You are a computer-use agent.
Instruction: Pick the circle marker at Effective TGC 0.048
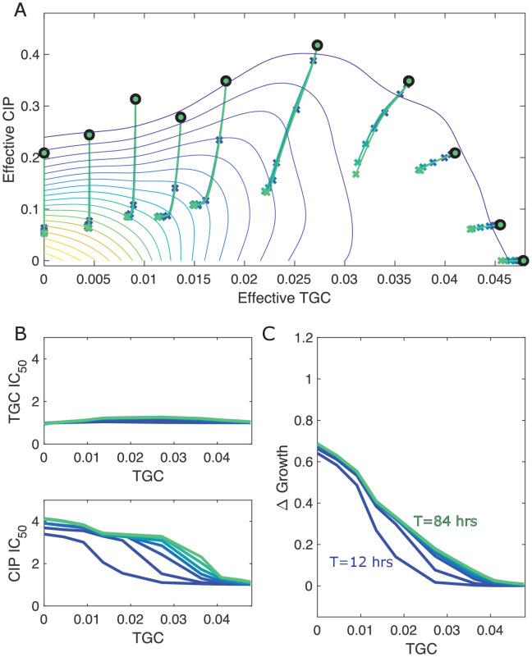[x=523, y=261]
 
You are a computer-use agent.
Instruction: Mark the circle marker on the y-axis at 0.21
[x=44, y=153]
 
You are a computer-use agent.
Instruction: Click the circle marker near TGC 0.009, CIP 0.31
[x=135, y=99]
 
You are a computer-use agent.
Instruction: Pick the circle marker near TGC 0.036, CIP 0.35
[x=409, y=81]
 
